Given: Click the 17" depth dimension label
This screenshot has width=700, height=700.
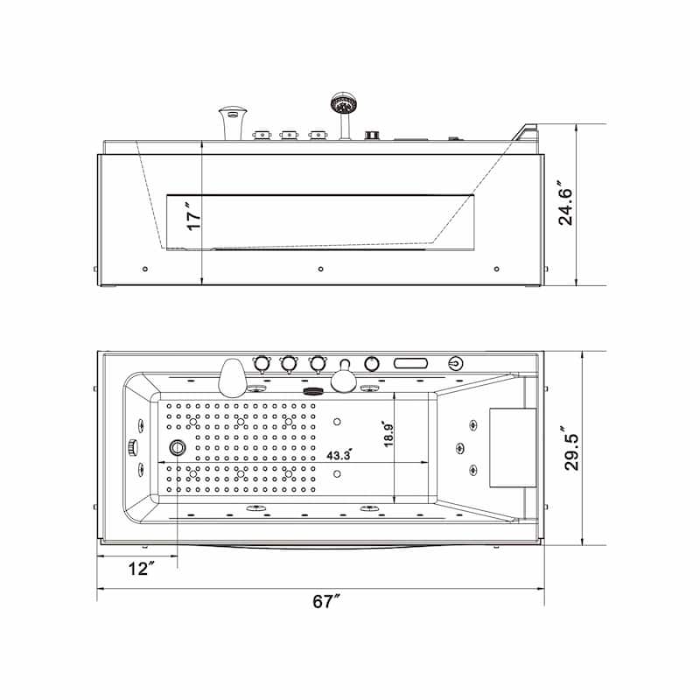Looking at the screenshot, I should [x=194, y=214].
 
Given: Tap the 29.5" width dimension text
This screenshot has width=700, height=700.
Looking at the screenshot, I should [x=571, y=449].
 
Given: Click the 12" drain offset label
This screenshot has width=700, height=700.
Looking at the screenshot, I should [x=140, y=570].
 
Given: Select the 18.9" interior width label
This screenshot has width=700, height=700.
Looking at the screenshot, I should [x=388, y=432].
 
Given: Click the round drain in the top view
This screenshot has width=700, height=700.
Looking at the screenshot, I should [x=178, y=449].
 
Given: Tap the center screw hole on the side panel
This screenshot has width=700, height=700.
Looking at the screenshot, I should [x=321, y=269].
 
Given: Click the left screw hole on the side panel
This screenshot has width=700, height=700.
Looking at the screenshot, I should [x=144, y=269].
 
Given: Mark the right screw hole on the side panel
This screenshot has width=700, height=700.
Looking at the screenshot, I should [x=497, y=269].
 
